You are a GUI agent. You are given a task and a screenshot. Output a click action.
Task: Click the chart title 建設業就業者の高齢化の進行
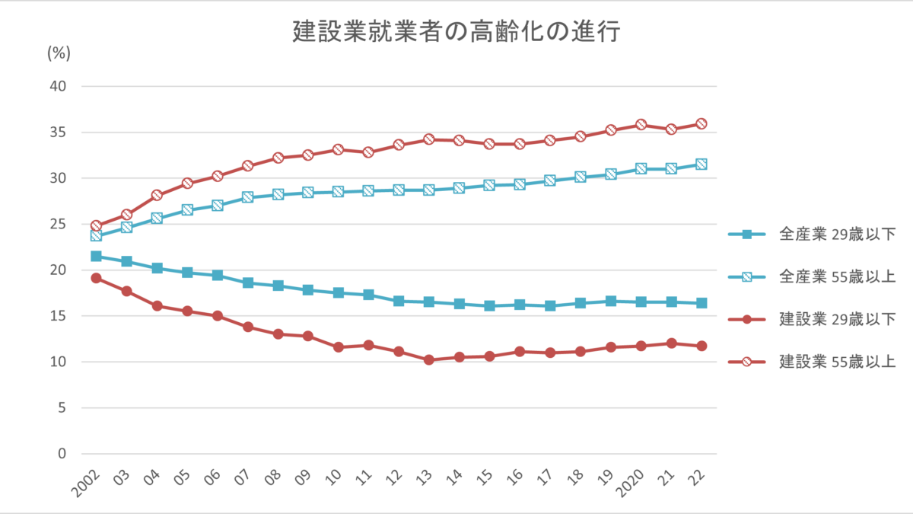pyautogui.click(x=456, y=32)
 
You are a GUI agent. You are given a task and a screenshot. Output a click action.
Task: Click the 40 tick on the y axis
pyautogui.click(x=58, y=87)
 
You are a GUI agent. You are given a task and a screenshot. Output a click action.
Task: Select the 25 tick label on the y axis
pyautogui.click(x=58, y=225)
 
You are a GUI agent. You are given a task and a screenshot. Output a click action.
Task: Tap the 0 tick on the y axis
pyautogui.click(x=62, y=454)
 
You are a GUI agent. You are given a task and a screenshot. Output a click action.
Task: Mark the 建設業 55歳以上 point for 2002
pyautogui.click(x=96, y=226)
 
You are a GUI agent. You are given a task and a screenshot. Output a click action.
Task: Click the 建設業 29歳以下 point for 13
pyautogui.click(x=429, y=360)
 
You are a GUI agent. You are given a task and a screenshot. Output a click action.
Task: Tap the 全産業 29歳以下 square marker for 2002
pyautogui.click(x=96, y=257)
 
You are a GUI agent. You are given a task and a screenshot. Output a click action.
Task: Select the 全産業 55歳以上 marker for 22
pyautogui.click(x=701, y=164)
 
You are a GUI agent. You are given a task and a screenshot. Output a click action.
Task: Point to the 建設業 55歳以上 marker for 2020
pyautogui.click(x=641, y=125)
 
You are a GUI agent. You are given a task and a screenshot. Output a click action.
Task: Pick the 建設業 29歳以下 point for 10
pyautogui.click(x=339, y=347)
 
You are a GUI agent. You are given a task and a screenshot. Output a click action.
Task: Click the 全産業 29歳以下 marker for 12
pyautogui.click(x=399, y=302)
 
